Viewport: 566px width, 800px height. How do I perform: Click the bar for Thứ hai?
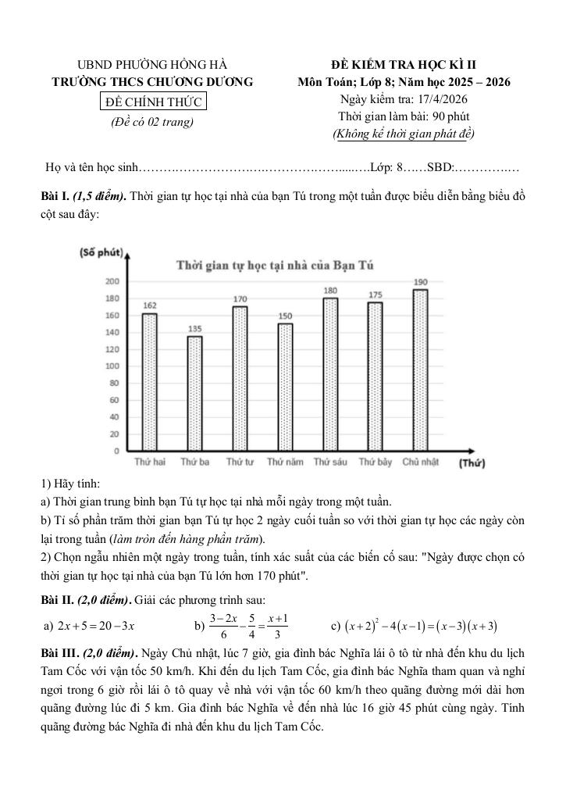pyautogui.click(x=149, y=382)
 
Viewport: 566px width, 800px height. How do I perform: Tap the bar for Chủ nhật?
pyautogui.click(x=421, y=370)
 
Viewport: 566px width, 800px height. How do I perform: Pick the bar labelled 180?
pyautogui.click(x=330, y=374)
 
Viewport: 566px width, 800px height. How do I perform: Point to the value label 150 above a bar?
pyautogui.click(x=285, y=316)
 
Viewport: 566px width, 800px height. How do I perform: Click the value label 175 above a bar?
pyautogui.click(x=376, y=295)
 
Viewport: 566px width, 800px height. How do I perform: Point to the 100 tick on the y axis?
pyautogui.click(x=112, y=366)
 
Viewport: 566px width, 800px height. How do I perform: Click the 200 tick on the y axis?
pyautogui.click(x=112, y=281)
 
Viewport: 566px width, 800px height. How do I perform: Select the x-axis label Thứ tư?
pyautogui.click(x=240, y=462)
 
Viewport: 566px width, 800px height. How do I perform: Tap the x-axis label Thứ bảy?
pyautogui.click(x=376, y=462)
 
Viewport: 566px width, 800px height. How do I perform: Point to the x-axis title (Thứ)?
pyautogui.click(x=472, y=463)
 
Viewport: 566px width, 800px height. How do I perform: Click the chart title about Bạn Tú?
pyautogui.click(x=275, y=266)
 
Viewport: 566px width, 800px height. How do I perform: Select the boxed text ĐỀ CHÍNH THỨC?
pyautogui.click(x=153, y=102)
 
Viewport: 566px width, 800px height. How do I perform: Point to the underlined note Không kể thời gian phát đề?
pyautogui.click(x=404, y=134)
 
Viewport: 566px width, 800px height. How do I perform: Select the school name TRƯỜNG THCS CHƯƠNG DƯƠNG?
pyautogui.click(x=153, y=82)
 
